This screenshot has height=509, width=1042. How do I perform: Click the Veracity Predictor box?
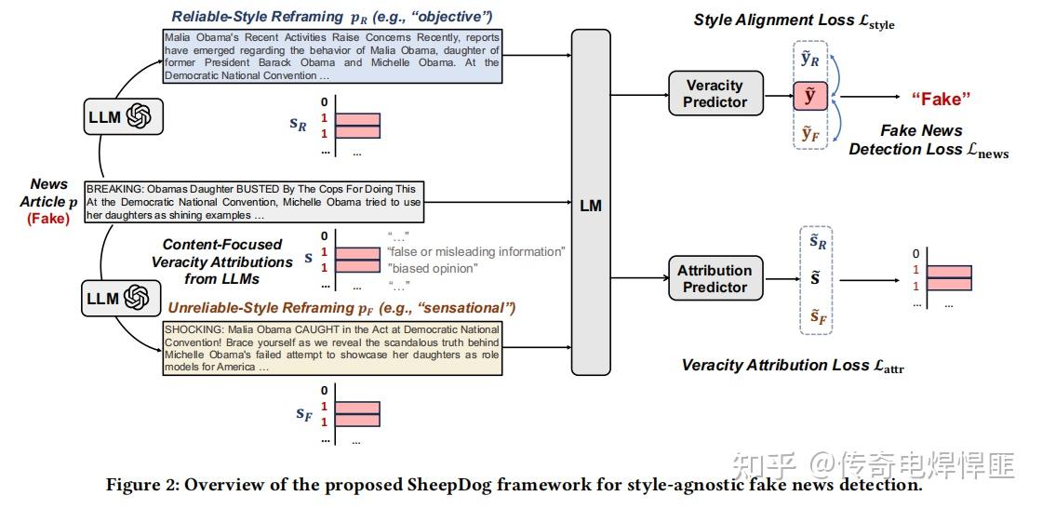coord(715,93)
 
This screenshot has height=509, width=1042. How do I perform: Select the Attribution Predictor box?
coord(715,278)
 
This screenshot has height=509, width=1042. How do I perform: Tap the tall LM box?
coord(591,204)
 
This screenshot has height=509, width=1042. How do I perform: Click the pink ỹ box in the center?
coord(809,95)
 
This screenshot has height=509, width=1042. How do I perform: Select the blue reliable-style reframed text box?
coord(331,56)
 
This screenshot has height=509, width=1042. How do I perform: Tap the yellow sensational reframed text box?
coord(332,348)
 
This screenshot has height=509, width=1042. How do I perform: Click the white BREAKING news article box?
coord(254,202)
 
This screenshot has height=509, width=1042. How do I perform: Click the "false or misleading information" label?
coord(475,252)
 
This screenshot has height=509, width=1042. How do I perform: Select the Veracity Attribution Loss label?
coord(792,366)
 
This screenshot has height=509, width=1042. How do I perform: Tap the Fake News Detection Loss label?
coord(928,141)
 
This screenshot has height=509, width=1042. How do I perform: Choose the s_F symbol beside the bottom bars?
coord(303,412)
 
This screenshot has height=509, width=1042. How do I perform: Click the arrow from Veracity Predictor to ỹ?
coord(777,94)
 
